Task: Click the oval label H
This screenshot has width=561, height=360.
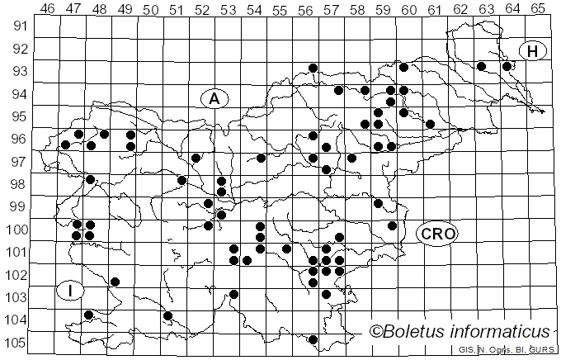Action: [x=533, y=51]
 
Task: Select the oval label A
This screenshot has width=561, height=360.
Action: [x=214, y=98]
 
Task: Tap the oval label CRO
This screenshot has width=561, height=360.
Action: [x=436, y=234]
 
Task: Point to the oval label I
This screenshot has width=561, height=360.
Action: [x=71, y=290]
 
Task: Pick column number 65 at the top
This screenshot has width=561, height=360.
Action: [x=537, y=10]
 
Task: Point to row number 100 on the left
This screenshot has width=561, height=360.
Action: [x=17, y=230]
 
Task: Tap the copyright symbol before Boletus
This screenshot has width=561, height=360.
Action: [x=375, y=332]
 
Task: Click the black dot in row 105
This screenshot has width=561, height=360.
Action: [x=313, y=339]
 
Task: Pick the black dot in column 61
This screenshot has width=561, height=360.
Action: [x=430, y=124]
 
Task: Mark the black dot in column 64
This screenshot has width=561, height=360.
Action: [x=507, y=66]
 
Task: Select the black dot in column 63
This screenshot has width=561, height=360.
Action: [x=481, y=66]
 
